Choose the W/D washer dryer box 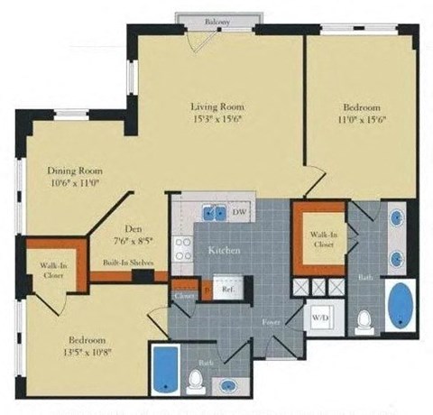tap(319, 318)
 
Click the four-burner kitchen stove tap(182, 245)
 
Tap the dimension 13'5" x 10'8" tap(84, 348)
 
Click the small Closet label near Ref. tap(185, 293)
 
